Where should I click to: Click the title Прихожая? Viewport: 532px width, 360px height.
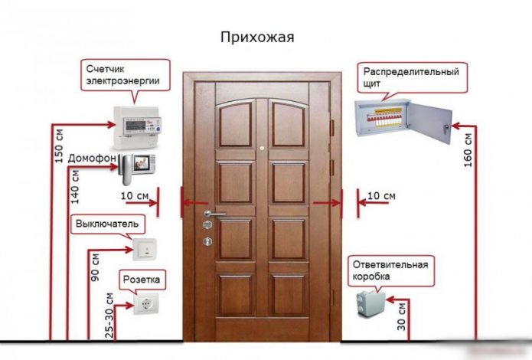pyautogui.click(x=256, y=37)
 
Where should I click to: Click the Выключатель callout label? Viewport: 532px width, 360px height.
pyautogui.click(x=106, y=224)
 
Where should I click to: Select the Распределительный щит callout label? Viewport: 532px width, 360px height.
pyautogui.click(x=412, y=77)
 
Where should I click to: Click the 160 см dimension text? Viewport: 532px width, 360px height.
pyautogui.click(x=469, y=148)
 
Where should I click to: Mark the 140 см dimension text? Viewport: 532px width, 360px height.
pyautogui.click(x=75, y=185)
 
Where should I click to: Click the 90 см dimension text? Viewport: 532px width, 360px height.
pyautogui.click(x=96, y=266)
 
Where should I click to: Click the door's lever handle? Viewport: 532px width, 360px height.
pyautogui.click(x=215, y=214)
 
